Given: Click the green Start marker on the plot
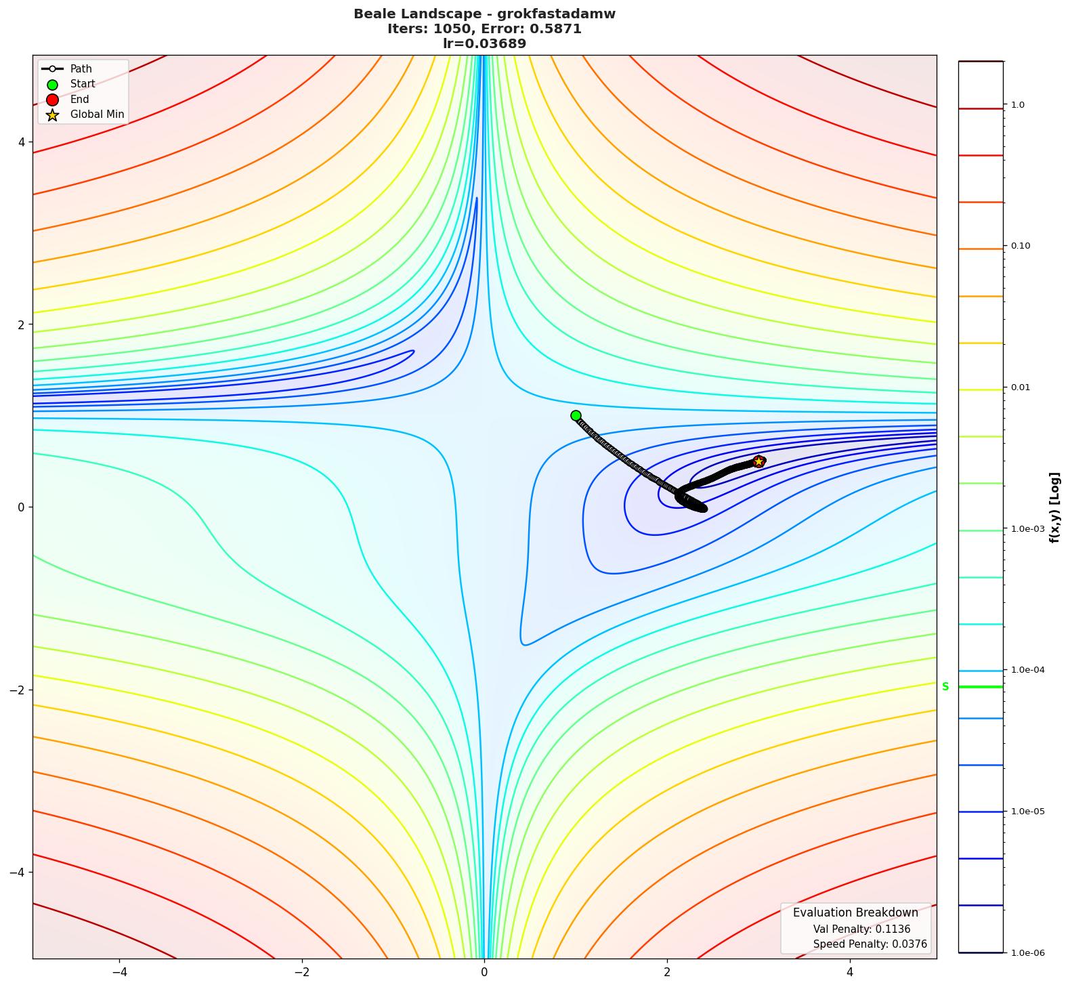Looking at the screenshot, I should [576, 415].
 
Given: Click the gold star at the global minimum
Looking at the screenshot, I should [758, 461].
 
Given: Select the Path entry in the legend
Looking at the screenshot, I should [81, 68].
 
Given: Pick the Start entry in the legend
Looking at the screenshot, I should [83, 84].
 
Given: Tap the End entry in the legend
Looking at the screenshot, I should [79, 99].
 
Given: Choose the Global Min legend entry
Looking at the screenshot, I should [97, 114].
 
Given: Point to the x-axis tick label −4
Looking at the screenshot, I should [119, 972].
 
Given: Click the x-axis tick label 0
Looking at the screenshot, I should [484, 972].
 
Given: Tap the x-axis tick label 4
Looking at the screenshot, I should [850, 972].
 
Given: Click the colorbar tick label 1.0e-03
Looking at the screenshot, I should [1027, 528].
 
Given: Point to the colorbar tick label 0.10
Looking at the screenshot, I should [1021, 246].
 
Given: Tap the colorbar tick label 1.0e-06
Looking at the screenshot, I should [1027, 953].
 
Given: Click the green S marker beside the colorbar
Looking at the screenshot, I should [945, 686].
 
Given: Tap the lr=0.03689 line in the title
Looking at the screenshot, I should [484, 43].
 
